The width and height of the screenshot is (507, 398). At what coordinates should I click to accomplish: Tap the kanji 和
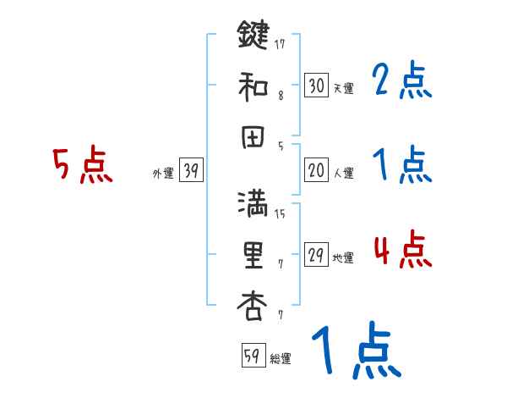[x=253, y=86]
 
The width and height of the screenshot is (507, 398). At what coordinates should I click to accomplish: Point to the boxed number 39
[x=191, y=172]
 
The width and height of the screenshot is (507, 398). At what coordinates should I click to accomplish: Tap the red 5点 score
[x=82, y=166]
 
